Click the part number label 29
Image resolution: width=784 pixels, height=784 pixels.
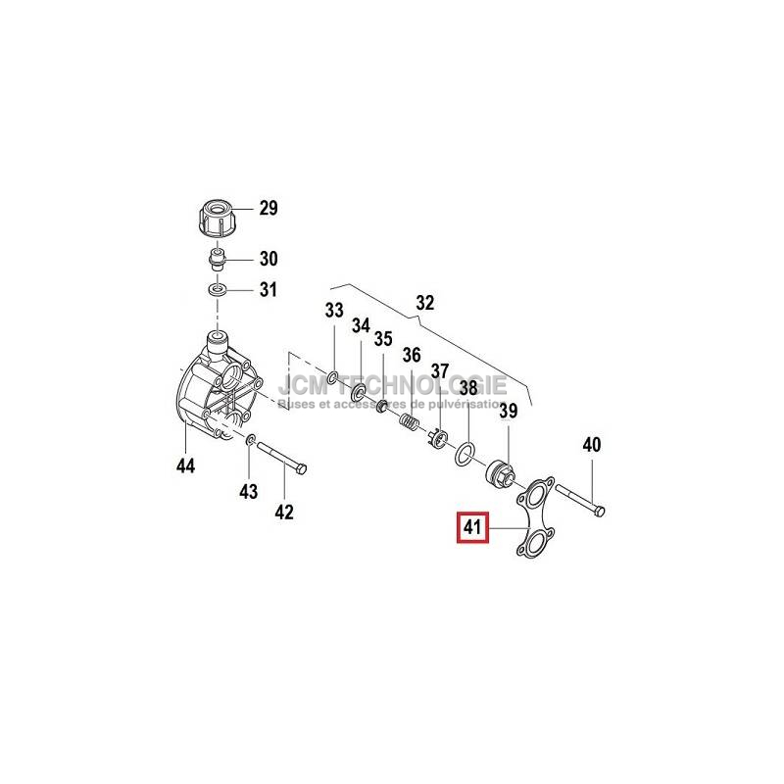coord(268,208)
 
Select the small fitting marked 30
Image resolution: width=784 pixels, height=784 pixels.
coord(218,261)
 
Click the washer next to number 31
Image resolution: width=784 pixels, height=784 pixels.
coord(218,290)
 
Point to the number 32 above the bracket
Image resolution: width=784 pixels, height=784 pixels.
coord(424,303)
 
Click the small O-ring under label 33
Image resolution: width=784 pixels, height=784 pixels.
coord(335,377)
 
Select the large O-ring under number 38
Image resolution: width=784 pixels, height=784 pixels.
coord(467,452)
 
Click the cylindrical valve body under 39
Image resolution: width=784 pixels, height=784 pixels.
coord(503,470)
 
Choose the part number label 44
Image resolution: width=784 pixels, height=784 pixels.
coord(186,465)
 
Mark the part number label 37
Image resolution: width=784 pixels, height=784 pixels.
coord(439,371)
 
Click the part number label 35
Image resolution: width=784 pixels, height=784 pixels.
coord(383,339)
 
